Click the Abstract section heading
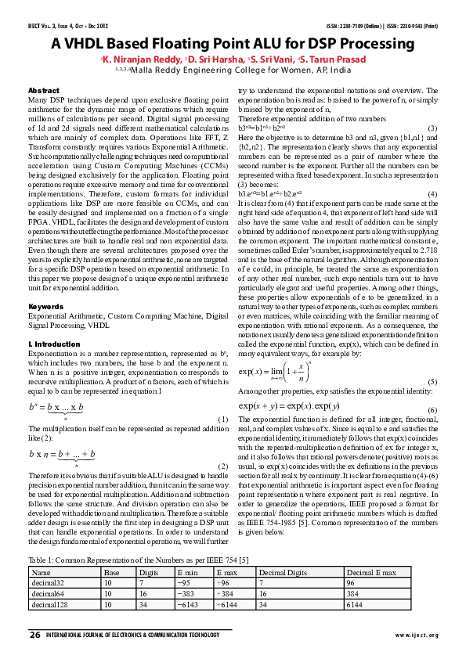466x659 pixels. click(43, 91)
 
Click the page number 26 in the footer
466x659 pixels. click(34, 633)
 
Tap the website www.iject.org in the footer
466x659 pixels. click(417, 634)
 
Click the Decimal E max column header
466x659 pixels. click(369, 573)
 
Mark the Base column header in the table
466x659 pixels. click(112, 573)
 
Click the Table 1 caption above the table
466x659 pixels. click(139, 561)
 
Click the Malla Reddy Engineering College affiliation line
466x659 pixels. click(232, 70)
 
